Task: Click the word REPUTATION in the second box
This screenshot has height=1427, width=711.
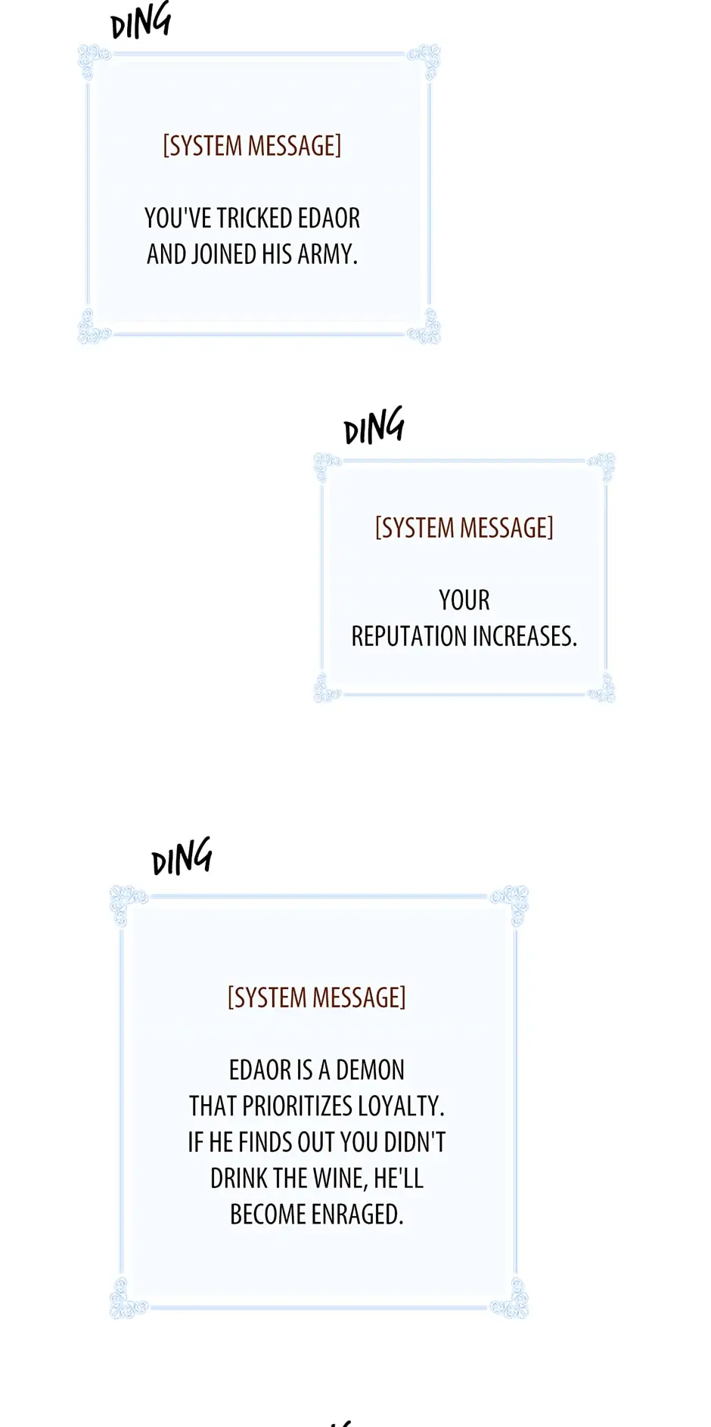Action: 408,637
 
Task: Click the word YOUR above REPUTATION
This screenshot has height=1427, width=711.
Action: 464,600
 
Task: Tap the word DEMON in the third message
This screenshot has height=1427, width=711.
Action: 370,1070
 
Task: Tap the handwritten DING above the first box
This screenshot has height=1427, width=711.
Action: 141,21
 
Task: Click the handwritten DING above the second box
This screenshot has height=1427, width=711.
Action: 374,427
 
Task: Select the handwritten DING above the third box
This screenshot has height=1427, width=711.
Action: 182,858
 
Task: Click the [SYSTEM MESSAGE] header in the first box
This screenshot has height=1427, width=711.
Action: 252,146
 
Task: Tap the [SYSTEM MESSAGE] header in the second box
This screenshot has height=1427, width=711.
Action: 464,528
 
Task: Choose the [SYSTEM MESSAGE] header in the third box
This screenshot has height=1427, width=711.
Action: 316,998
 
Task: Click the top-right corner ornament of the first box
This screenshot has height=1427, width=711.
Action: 425,60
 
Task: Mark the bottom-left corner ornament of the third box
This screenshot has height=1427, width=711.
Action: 127,1298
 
